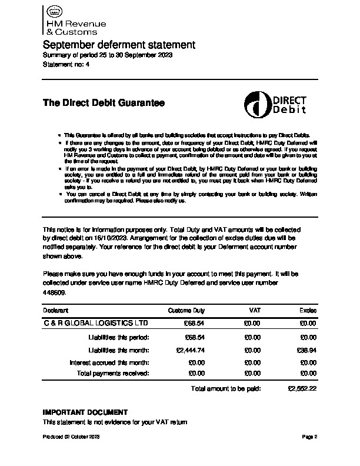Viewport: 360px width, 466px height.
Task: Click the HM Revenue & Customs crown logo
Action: (54, 12)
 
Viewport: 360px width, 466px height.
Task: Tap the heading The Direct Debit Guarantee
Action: (104, 103)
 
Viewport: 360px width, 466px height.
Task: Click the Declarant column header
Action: (56, 310)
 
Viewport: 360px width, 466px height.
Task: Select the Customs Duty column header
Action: (186, 310)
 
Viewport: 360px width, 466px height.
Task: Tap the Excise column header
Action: (308, 310)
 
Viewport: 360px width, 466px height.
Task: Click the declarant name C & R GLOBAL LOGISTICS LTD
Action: (96, 324)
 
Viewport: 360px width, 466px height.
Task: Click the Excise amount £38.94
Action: (307, 349)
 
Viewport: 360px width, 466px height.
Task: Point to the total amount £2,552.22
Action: (302, 389)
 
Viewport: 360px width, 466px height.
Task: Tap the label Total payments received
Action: (114, 373)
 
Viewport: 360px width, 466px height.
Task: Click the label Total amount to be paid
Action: (225, 389)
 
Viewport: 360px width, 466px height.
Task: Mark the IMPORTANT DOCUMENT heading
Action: (85, 412)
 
